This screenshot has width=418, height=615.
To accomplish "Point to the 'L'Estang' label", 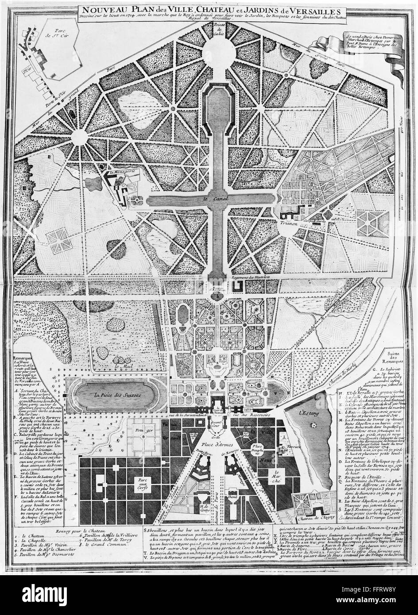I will coord(309,400).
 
